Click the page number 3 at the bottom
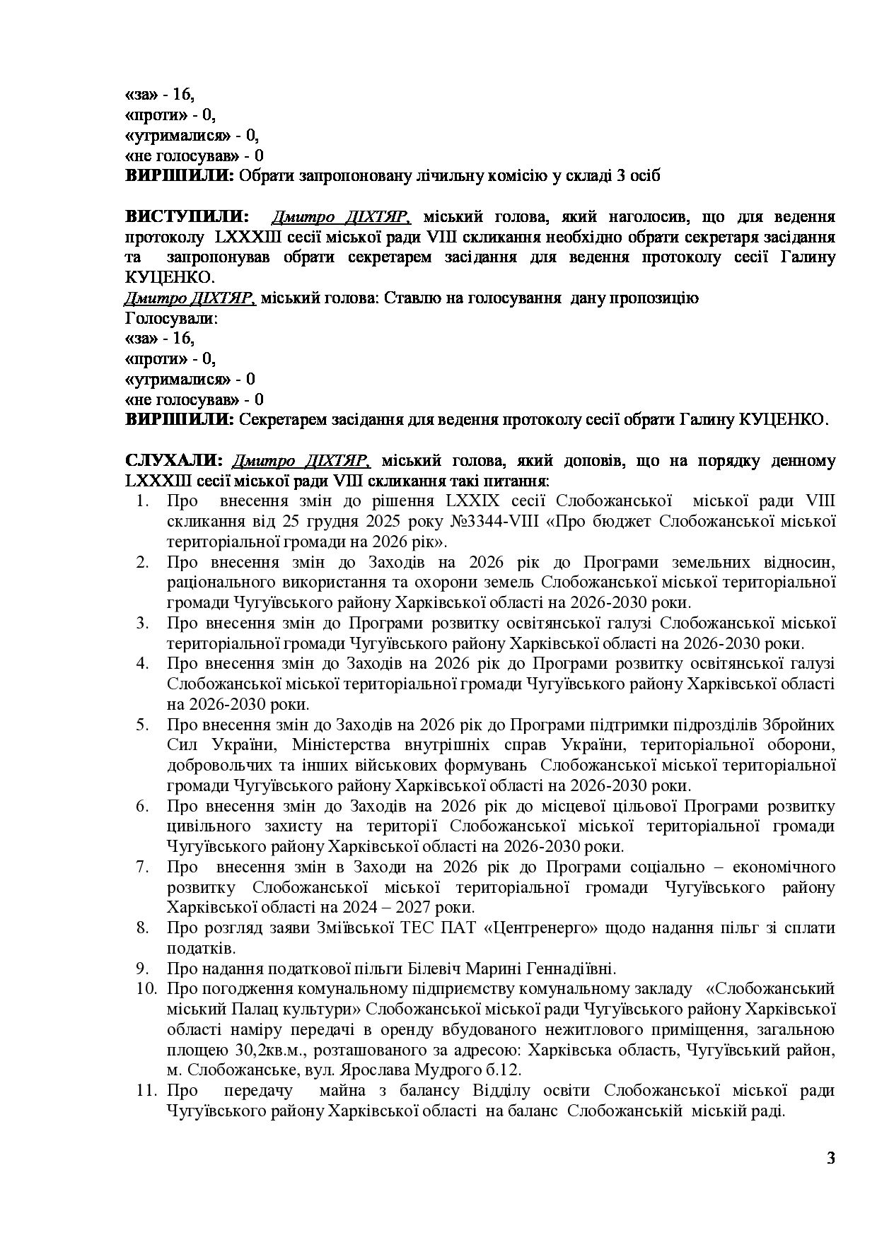click(830, 1158)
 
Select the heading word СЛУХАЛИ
click(174, 461)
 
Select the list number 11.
click(146, 1090)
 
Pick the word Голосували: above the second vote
click(172, 318)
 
